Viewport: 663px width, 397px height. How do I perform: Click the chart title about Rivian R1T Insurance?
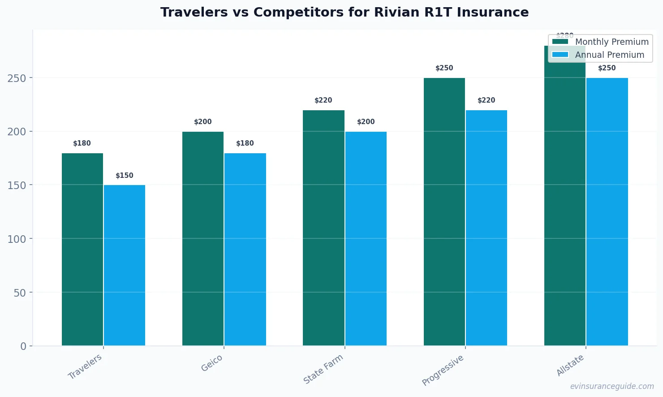click(x=344, y=13)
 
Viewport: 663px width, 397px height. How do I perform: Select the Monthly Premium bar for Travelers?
click(x=82, y=249)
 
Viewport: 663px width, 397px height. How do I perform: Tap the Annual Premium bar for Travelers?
click(x=125, y=265)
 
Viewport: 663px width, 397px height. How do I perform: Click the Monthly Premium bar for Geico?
click(x=203, y=238)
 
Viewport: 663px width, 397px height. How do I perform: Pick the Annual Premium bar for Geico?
click(x=245, y=249)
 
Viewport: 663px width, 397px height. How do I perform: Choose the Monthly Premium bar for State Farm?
click(x=323, y=228)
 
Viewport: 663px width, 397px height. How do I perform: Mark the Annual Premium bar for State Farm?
click(x=366, y=238)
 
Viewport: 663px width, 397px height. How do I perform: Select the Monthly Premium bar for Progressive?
click(x=444, y=211)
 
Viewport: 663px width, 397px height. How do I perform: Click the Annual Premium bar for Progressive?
click(x=486, y=228)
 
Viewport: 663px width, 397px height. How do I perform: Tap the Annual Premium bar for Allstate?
click(x=607, y=211)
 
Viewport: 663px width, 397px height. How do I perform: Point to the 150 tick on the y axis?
click(x=17, y=185)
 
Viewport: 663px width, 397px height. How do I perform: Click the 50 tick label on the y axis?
click(x=20, y=293)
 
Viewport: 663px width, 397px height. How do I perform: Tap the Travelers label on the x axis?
click(x=85, y=367)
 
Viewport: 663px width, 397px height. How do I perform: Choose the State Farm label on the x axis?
click(x=323, y=369)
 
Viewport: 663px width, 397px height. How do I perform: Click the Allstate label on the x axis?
click(x=570, y=365)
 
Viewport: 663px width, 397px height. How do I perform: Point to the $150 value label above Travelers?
click(x=125, y=176)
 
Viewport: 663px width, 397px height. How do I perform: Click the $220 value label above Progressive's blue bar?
click(x=486, y=100)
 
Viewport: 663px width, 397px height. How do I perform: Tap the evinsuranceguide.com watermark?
click(x=612, y=386)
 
